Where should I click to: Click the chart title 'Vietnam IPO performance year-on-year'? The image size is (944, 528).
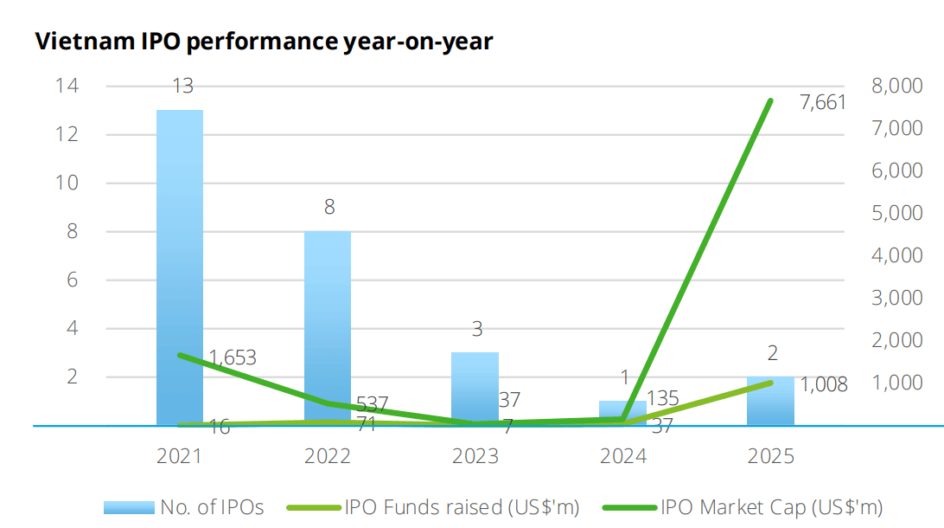[264, 42]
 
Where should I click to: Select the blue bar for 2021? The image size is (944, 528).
[179, 267]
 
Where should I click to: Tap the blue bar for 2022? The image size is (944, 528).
[327, 328]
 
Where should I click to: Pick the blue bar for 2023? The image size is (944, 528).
[475, 389]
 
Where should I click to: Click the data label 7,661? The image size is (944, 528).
[822, 103]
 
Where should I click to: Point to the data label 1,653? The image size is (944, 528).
[233, 357]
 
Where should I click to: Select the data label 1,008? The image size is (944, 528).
[823, 384]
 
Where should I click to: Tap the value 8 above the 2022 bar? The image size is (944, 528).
[328, 208]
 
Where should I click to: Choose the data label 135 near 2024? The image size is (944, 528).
[662, 398]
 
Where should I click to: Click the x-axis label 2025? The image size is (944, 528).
[770, 456]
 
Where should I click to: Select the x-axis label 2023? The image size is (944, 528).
[475, 456]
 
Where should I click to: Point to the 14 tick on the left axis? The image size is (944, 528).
[66, 86]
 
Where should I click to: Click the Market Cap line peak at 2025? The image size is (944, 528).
[770, 101]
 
